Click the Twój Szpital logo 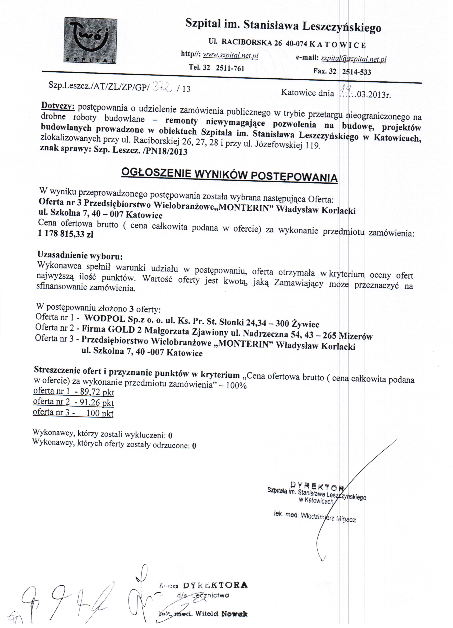[x=91, y=41]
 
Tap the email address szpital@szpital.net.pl [x=353, y=59]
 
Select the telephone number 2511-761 [x=230, y=68]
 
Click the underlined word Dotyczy [x=58, y=105]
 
